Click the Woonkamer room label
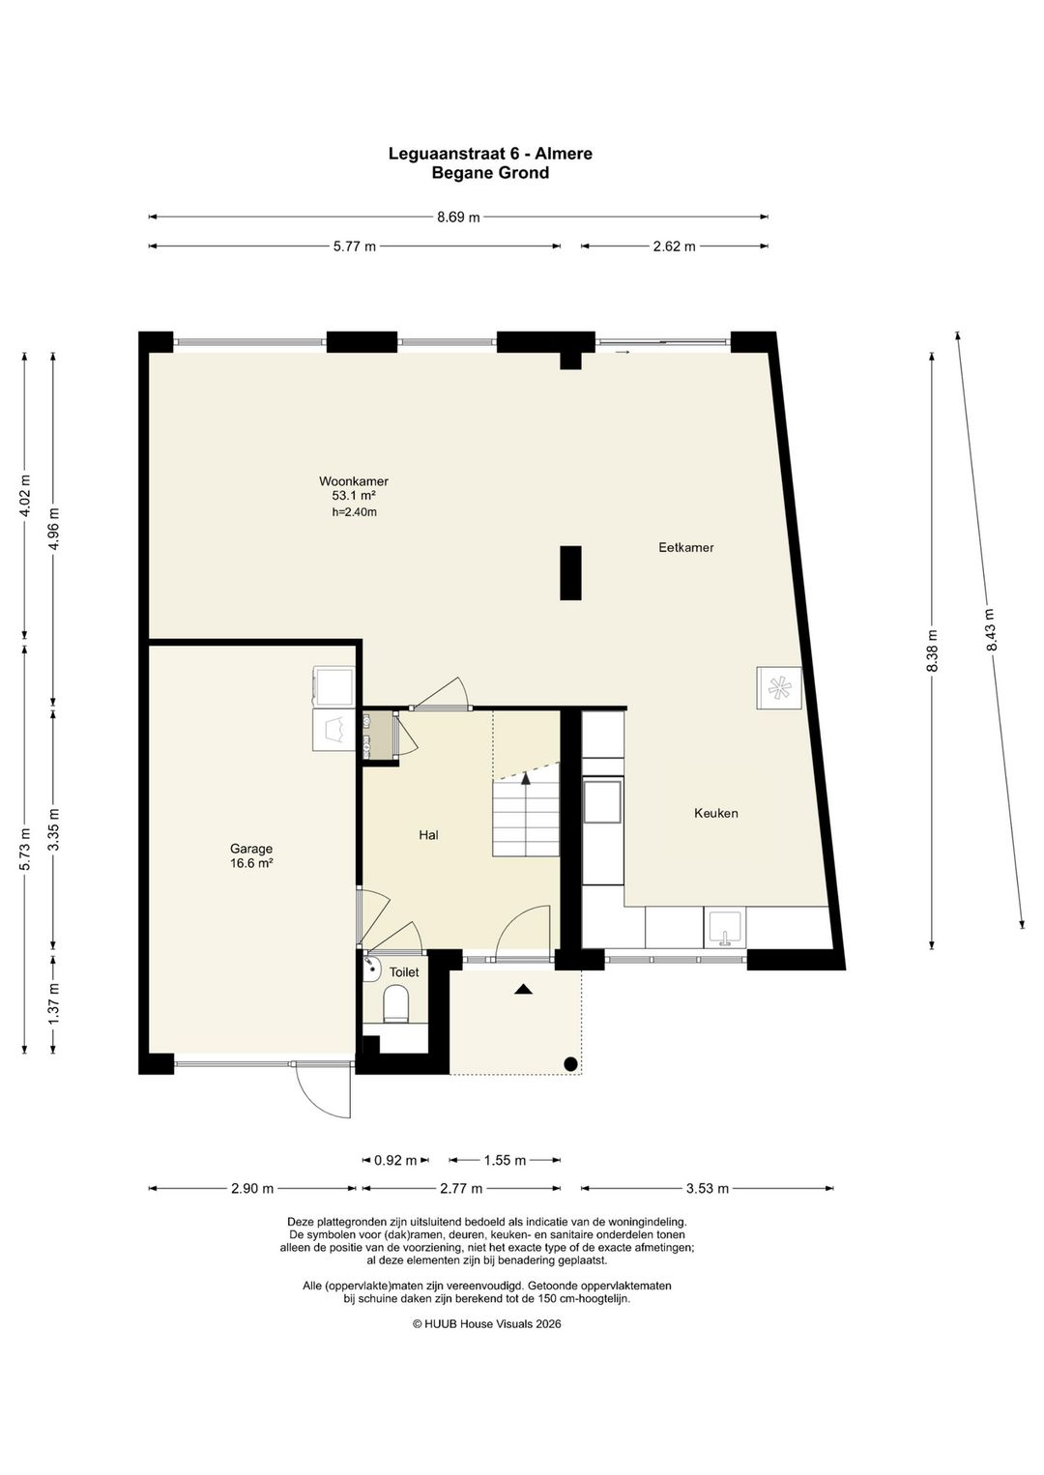coord(354,481)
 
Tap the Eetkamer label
coord(685,547)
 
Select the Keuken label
coord(716,813)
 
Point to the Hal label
coord(429,835)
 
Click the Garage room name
coord(251,849)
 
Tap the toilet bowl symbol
coord(396,1003)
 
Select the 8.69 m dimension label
coord(458,217)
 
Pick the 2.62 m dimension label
coord(674,246)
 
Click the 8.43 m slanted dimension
coord(990,629)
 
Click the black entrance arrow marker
coord(523,989)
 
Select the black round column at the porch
coord(570,1063)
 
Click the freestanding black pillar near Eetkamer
coord(570,573)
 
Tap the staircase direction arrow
coord(526,778)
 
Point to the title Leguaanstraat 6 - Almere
coord(490,154)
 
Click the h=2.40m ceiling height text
coord(355,512)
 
